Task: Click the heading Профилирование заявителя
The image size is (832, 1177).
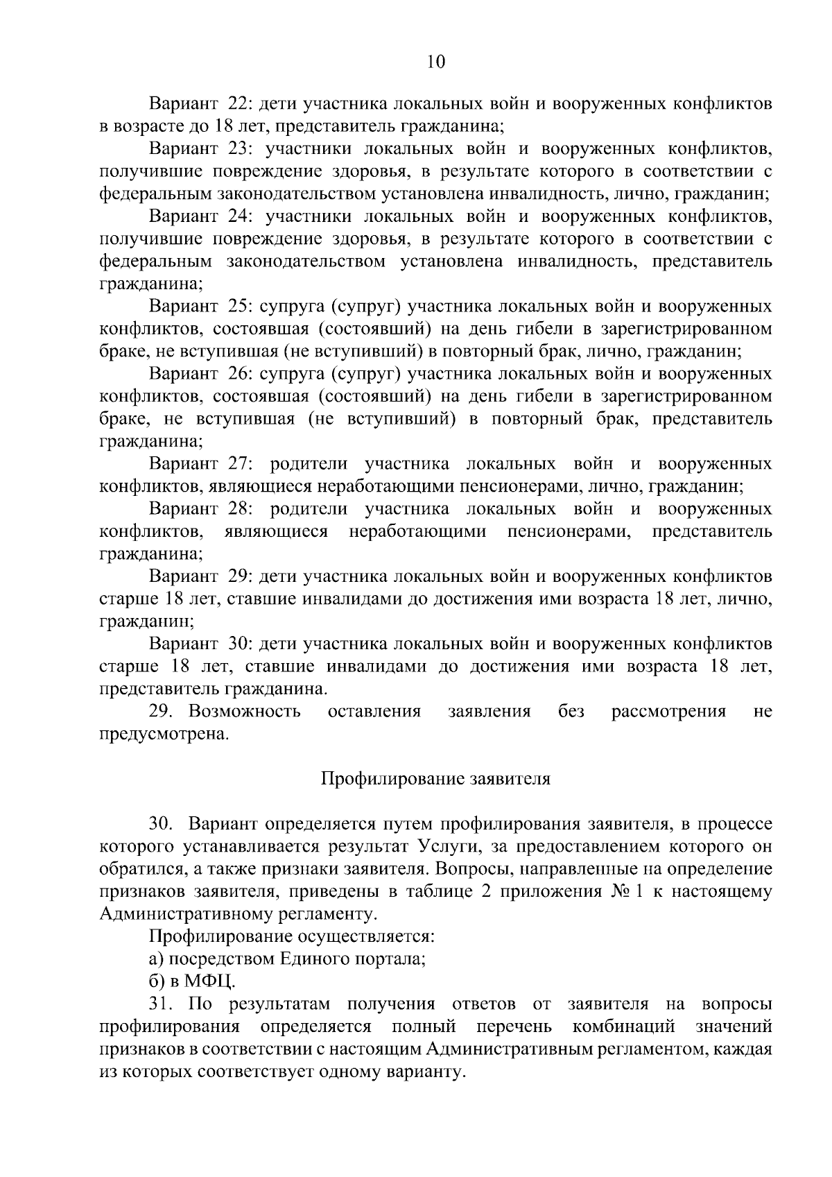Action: pyautogui.click(x=435, y=779)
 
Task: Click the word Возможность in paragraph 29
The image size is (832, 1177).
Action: pyautogui.click(x=245, y=712)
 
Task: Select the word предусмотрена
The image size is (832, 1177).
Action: pyautogui.click(x=164, y=734)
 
